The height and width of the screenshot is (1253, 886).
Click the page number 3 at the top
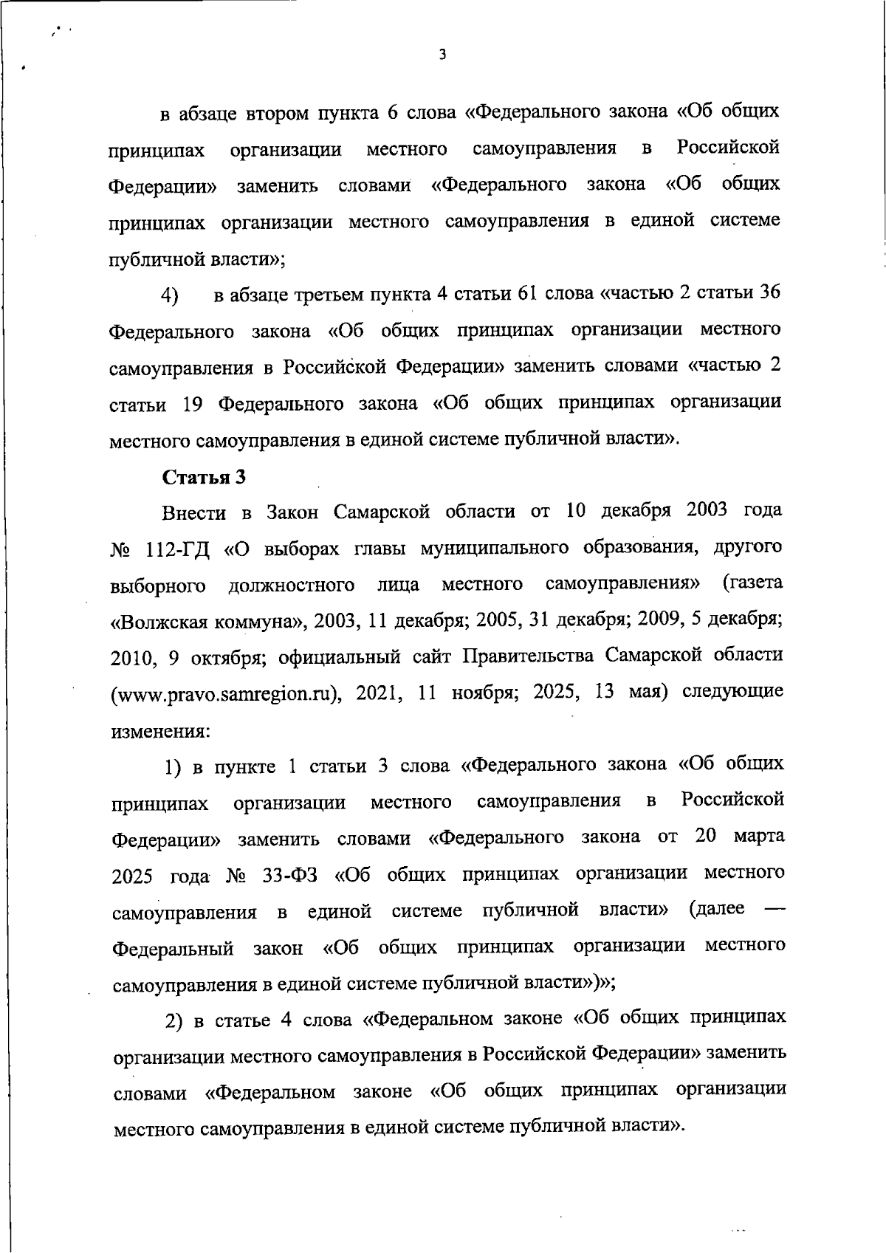(x=442, y=55)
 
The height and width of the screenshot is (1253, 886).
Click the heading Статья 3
(x=204, y=476)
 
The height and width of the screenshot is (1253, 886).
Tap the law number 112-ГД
(x=179, y=549)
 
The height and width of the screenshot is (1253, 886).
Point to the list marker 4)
(x=171, y=296)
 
